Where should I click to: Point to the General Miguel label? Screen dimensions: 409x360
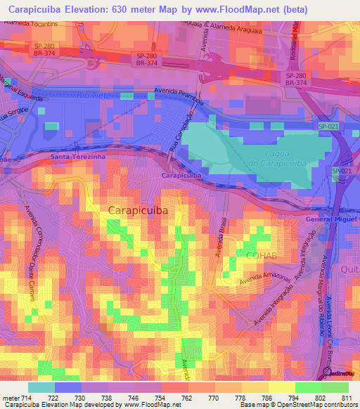(332, 219)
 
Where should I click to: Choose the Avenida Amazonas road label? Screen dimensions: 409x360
(266, 286)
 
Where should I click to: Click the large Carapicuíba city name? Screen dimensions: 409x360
(138, 209)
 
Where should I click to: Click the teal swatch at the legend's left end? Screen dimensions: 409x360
(41, 387)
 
